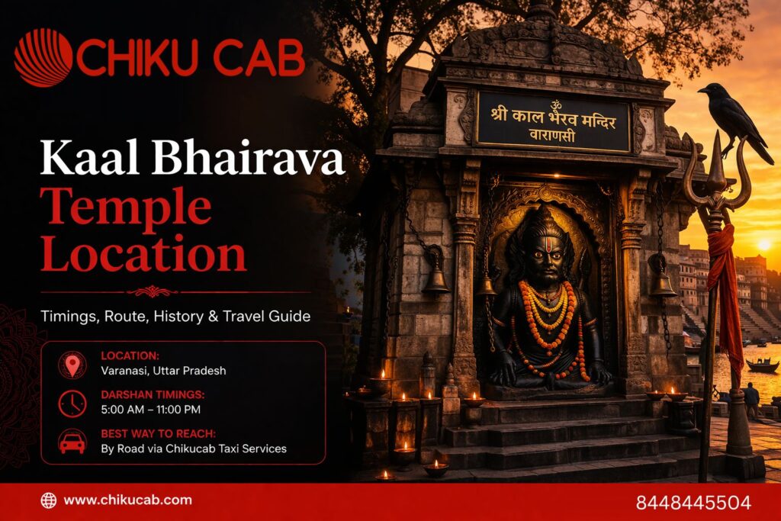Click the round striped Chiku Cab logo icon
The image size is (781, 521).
pyautogui.click(x=43, y=57)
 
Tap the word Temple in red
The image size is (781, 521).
pyautogui.click(x=125, y=207)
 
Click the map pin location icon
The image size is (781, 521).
pyautogui.click(x=72, y=365)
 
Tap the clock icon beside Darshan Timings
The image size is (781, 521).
pyautogui.click(x=72, y=403)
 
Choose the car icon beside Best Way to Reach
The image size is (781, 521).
pyautogui.click(x=72, y=442)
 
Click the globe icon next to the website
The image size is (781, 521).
pyautogui.click(x=49, y=500)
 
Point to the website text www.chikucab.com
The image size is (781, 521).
pyautogui.click(x=127, y=500)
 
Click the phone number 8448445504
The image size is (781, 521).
pyautogui.click(x=693, y=503)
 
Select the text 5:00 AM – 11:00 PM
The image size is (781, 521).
pyautogui.click(x=151, y=410)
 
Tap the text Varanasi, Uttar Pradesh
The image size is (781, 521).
pyautogui.click(x=163, y=371)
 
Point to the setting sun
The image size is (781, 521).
pyautogui.click(x=763, y=245)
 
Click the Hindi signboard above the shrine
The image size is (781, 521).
pyautogui.click(x=554, y=121)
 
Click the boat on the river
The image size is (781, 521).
pyautogui.click(x=762, y=365)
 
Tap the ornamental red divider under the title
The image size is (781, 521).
pyautogui.click(x=153, y=291)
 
